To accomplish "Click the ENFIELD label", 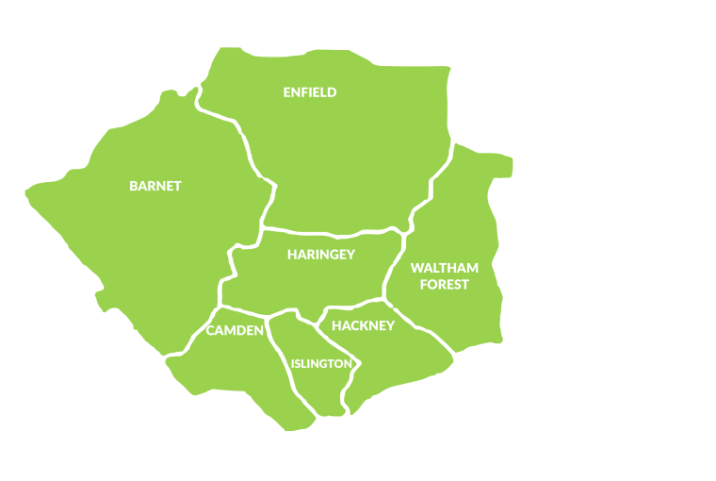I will (310, 92).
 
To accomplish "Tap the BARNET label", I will (155, 186).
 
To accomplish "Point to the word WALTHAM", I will (445, 268).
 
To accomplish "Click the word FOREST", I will (445, 284).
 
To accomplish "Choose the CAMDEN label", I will (235, 330).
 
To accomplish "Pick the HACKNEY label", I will (363, 325).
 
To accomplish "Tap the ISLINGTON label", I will (322, 363).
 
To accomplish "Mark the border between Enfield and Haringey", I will (330, 232).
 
